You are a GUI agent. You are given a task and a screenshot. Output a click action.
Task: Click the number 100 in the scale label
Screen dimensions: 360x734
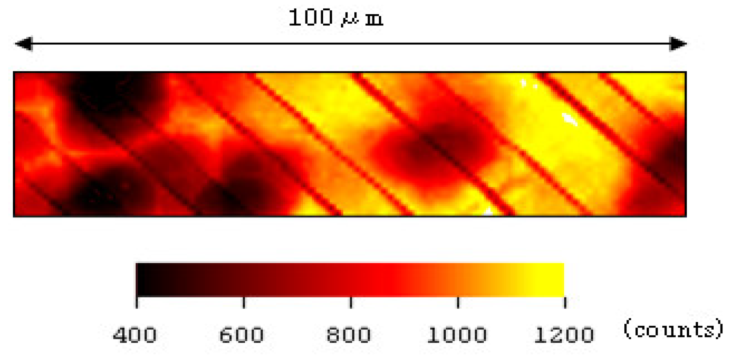(x=310, y=18)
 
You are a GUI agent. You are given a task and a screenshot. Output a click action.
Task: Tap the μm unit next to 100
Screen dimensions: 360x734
(x=362, y=19)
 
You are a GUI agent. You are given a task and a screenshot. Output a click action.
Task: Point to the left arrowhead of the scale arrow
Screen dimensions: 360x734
(x=24, y=44)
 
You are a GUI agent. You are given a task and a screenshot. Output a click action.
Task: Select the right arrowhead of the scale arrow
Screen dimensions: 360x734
(x=677, y=44)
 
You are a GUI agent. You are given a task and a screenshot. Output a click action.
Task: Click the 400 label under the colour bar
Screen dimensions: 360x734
(x=135, y=335)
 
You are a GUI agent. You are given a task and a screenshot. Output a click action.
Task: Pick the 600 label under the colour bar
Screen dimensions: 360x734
(x=241, y=335)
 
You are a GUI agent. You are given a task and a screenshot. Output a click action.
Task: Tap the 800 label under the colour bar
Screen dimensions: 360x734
(x=349, y=335)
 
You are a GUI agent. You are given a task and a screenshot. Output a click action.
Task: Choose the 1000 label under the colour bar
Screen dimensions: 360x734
(x=457, y=335)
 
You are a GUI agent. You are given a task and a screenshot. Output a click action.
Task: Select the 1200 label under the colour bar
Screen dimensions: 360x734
(x=564, y=335)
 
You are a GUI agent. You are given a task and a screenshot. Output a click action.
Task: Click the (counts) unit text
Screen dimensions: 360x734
(x=673, y=329)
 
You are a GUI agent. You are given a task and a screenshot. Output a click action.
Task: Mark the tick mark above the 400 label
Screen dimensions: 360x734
(x=137, y=303)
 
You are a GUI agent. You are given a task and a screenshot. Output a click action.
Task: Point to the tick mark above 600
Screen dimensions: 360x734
(x=244, y=303)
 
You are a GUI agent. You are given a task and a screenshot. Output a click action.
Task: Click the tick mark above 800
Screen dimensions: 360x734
(x=351, y=303)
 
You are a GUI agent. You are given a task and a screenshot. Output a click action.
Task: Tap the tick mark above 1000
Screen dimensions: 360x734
(x=458, y=303)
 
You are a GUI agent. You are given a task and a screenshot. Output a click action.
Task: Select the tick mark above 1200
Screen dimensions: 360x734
(x=565, y=303)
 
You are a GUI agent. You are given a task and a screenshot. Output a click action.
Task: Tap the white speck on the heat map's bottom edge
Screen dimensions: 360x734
(x=488, y=211)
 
